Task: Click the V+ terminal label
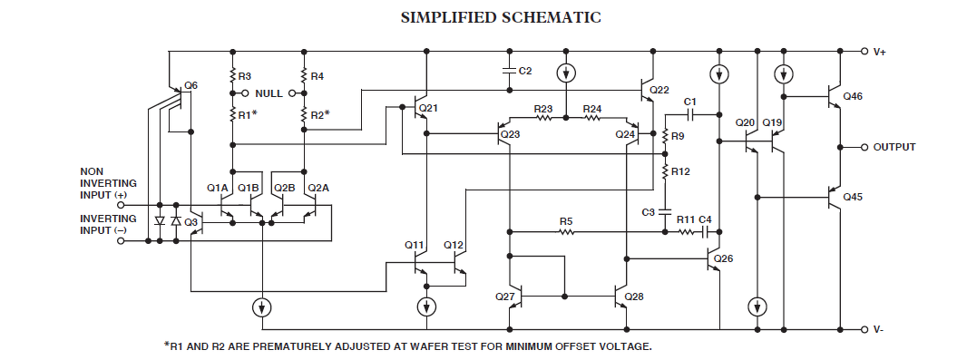click(x=879, y=52)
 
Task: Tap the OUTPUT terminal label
click(x=894, y=147)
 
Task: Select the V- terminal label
click(x=879, y=330)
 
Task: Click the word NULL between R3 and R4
click(x=269, y=93)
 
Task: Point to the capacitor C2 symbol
click(x=510, y=71)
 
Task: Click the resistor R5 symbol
click(x=566, y=232)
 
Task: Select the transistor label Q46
click(x=853, y=97)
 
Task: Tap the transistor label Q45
click(x=853, y=198)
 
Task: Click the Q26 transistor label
click(x=724, y=258)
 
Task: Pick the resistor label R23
click(x=543, y=109)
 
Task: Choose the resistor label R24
click(x=592, y=109)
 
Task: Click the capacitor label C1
click(x=690, y=101)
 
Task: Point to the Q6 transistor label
click(x=191, y=85)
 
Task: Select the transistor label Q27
click(x=504, y=297)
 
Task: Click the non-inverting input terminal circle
click(x=121, y=205)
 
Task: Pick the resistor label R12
click(x=681, y=172)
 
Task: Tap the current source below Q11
click(x=425, y=306)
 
